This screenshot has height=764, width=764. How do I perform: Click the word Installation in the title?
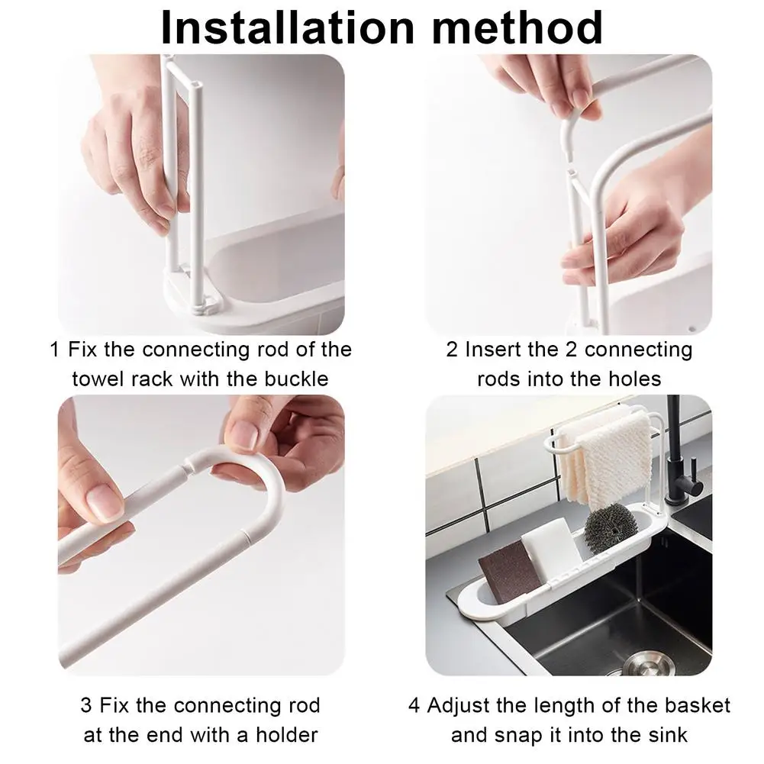pyautogui.click(x=288, y=27)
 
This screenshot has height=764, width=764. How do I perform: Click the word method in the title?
pyautogui.click(x=517, y=27)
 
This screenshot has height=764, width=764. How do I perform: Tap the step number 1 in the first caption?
pyautogui.click(x=55, y=350)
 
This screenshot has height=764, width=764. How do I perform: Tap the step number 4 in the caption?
pyautogui.click(x=414, y=705)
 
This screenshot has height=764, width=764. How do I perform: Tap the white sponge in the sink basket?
pyautogui.click(x=550, y=549)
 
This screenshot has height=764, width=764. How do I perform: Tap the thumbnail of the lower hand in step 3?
pyautogui.click(x=104, y=503)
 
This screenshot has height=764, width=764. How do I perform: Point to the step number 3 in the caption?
pyautogui.click(x=85, y=705)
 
